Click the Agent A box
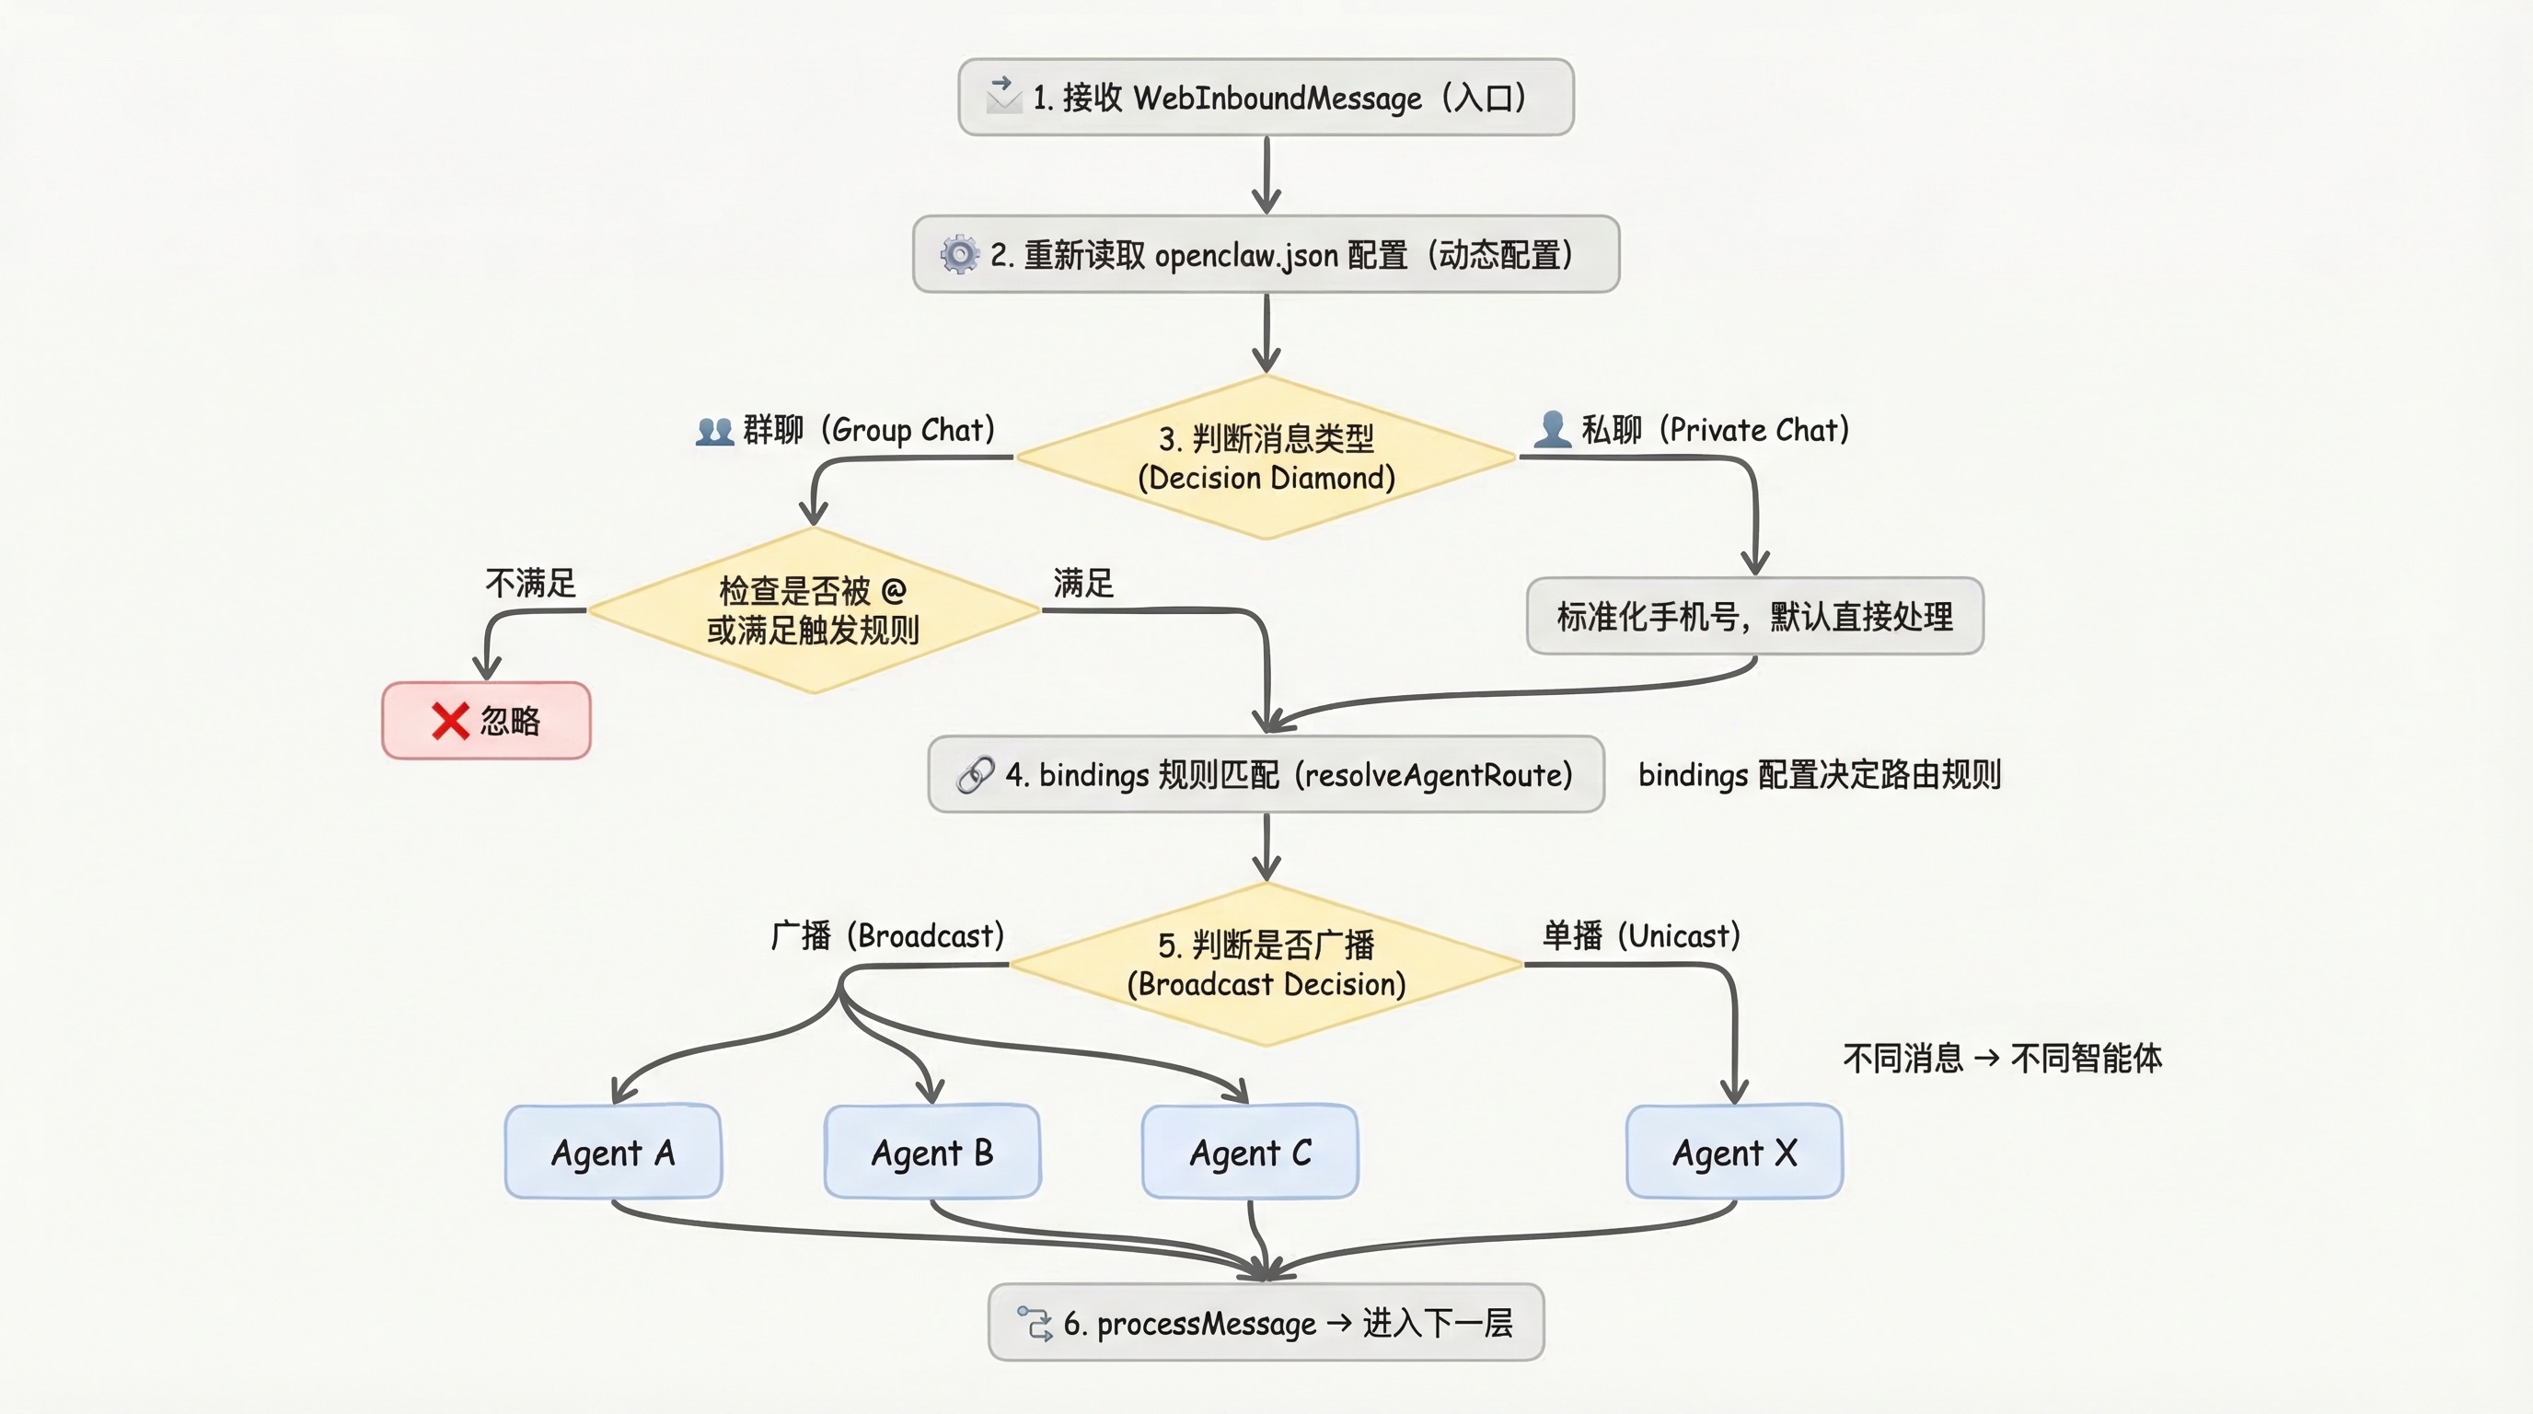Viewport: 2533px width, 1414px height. point(613,1152)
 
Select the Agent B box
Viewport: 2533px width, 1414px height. point(931,1152)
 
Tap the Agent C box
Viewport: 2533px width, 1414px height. point(1250,1152)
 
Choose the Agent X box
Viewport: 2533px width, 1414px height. point(1733,1152)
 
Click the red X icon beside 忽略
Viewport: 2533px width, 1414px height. point(450,721)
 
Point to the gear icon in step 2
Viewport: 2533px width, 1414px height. point(959,254)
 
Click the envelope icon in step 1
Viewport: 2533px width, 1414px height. point(1003,96)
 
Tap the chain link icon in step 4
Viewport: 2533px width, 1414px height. point(976,775)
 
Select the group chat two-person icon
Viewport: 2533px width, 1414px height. point(715,431)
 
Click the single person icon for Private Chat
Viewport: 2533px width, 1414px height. point(1553,430)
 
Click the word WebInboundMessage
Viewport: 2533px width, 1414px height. point(1278,98)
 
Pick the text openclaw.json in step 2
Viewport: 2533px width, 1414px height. point(1246,256)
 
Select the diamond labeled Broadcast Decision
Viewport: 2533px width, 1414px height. point(1266,965)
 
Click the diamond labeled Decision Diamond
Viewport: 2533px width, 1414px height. point(1266,458)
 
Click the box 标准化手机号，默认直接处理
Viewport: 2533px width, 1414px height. point(1754,617)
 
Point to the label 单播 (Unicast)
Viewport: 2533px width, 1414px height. point(1641,935)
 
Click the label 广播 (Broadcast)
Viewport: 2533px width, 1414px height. point(887,935)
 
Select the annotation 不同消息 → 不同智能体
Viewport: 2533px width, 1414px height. point(2002,1058)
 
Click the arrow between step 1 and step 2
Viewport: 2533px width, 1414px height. point(1266,175)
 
